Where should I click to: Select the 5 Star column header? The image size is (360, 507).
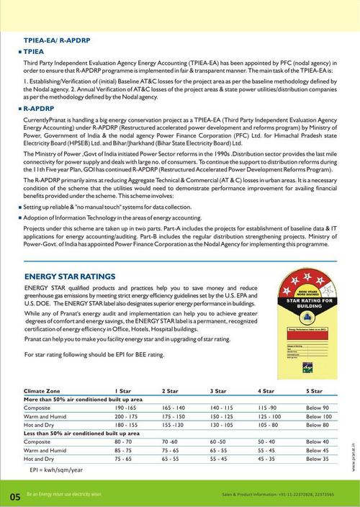(313, 390)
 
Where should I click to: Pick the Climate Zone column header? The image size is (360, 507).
(42, 390)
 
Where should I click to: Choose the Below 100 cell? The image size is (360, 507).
(318, 416)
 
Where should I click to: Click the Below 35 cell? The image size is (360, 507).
(317, 458)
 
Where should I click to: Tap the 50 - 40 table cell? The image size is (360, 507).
(266, 441)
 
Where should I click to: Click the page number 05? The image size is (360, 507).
(15, 496)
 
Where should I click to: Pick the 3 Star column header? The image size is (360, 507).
(217, 390)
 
